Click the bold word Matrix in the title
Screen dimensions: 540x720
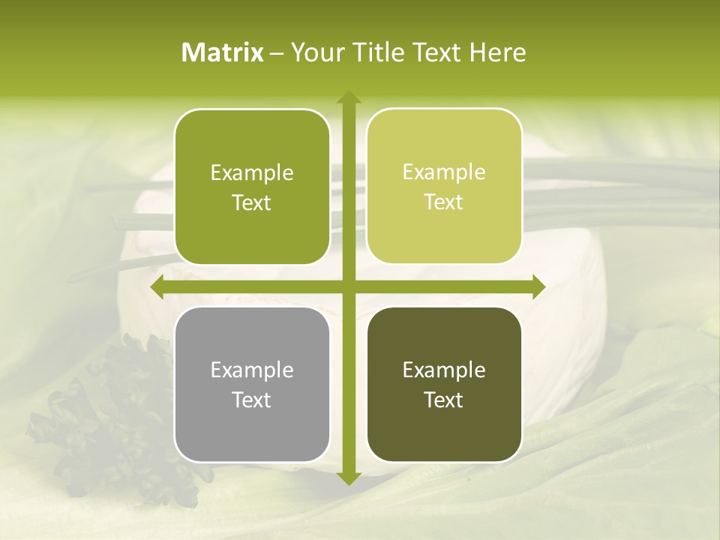[223, 52]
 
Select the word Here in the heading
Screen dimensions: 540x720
[498, 52]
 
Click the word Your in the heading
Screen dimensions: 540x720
[313, 52]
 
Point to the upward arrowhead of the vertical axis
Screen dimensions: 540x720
[349, 97]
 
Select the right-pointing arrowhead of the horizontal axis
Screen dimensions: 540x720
[538, 287]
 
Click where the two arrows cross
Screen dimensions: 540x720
[349, 287]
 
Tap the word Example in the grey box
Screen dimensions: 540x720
[252, 370]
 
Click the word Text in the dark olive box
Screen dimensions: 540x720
[444, 400]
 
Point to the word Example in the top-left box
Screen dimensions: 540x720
[252, 173]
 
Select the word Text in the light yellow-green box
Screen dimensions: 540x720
[444, 202]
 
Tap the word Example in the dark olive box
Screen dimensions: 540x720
[444, 370]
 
